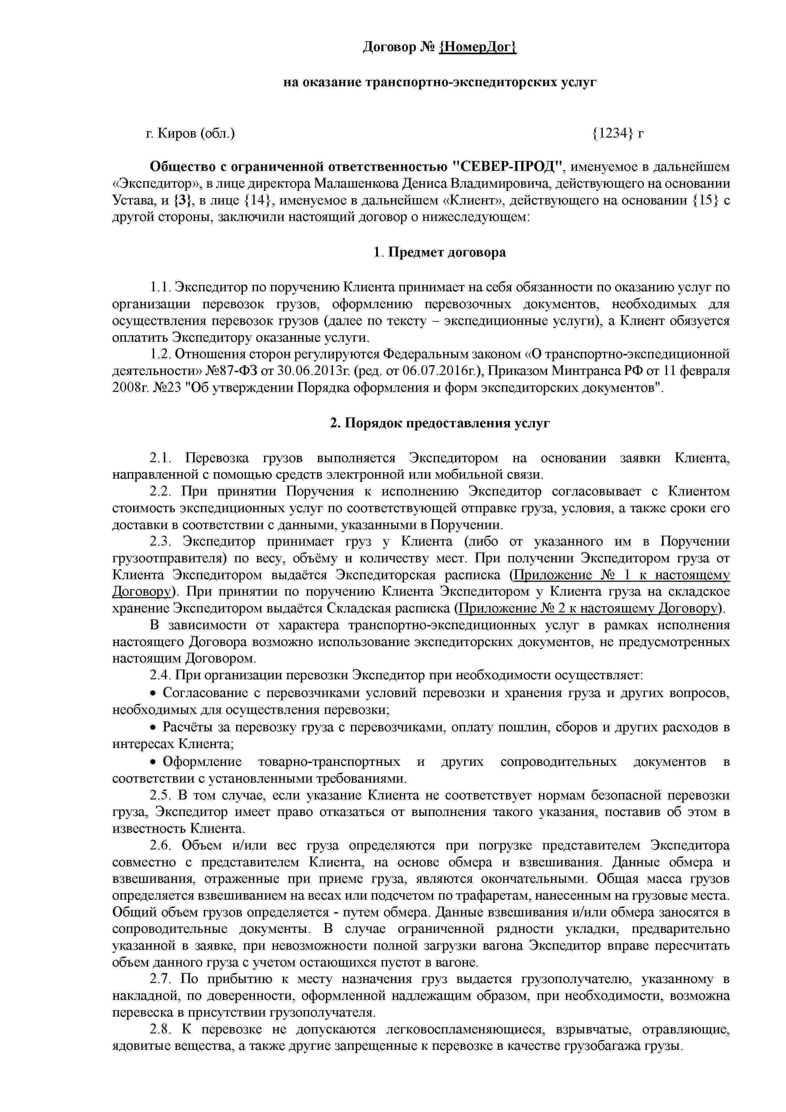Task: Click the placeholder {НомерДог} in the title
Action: click(x=477, y=48)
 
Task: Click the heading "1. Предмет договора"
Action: click(x=440, y=252)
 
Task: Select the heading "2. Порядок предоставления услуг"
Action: click(x=440, y=423)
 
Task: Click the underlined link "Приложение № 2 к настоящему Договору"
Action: click(x=588, y=608)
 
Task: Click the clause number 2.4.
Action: click(x=159, y=675)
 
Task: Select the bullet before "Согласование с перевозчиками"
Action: click(x=153, y=694)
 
